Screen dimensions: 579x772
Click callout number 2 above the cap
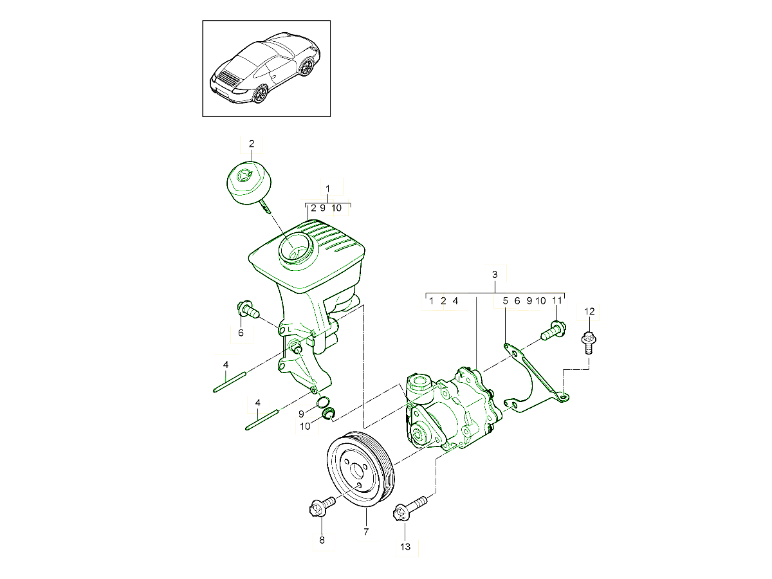coord(252,143)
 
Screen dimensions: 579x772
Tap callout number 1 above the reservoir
coord(327,189)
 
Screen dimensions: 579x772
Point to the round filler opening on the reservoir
coord(295,248)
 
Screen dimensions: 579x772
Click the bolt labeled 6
coord(247,310)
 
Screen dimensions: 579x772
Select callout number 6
coord(241,333)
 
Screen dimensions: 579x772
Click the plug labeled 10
coord(327,413)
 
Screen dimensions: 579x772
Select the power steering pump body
coord(450,412)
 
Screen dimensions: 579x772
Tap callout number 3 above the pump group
coord(494,275)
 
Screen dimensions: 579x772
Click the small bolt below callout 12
coord(588,341)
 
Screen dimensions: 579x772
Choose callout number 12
coord(590,312)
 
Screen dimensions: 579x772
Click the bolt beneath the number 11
coord(553,331)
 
